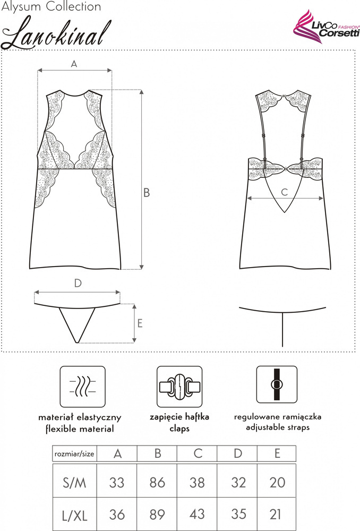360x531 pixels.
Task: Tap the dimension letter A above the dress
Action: (74, 64)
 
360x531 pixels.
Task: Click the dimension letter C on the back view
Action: (284, 191)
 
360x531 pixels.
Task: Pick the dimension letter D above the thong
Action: (78, 284)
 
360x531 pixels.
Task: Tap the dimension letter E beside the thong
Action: (140, 323)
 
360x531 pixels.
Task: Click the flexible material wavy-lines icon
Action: (83, 386)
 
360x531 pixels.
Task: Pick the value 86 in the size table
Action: (157, 482)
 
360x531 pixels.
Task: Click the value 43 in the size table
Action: (198, 514)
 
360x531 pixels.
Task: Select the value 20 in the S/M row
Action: (277, 482)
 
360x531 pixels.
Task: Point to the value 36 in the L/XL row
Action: (117, 514)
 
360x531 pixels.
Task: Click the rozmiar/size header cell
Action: (74, 453)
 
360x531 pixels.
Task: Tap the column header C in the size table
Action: (198, 453)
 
